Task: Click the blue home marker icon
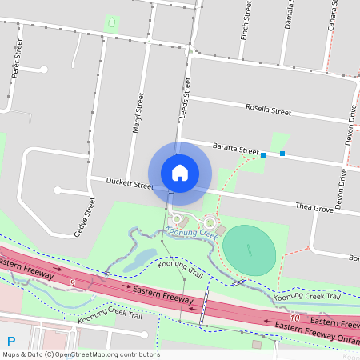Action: click(x=180, y=172)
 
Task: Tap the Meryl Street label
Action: click(x=137, y=112)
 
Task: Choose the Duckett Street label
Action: click(x=130, y=184)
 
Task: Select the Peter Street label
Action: click(x=14, y=62)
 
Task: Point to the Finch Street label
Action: click(x=247, y=22)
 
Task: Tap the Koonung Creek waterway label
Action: click(x=192, y=233)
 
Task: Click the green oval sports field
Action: click(x=249, y=249)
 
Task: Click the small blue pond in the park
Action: click(x=143, y=257)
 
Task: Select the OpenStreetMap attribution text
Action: click(x=80, y=354)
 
